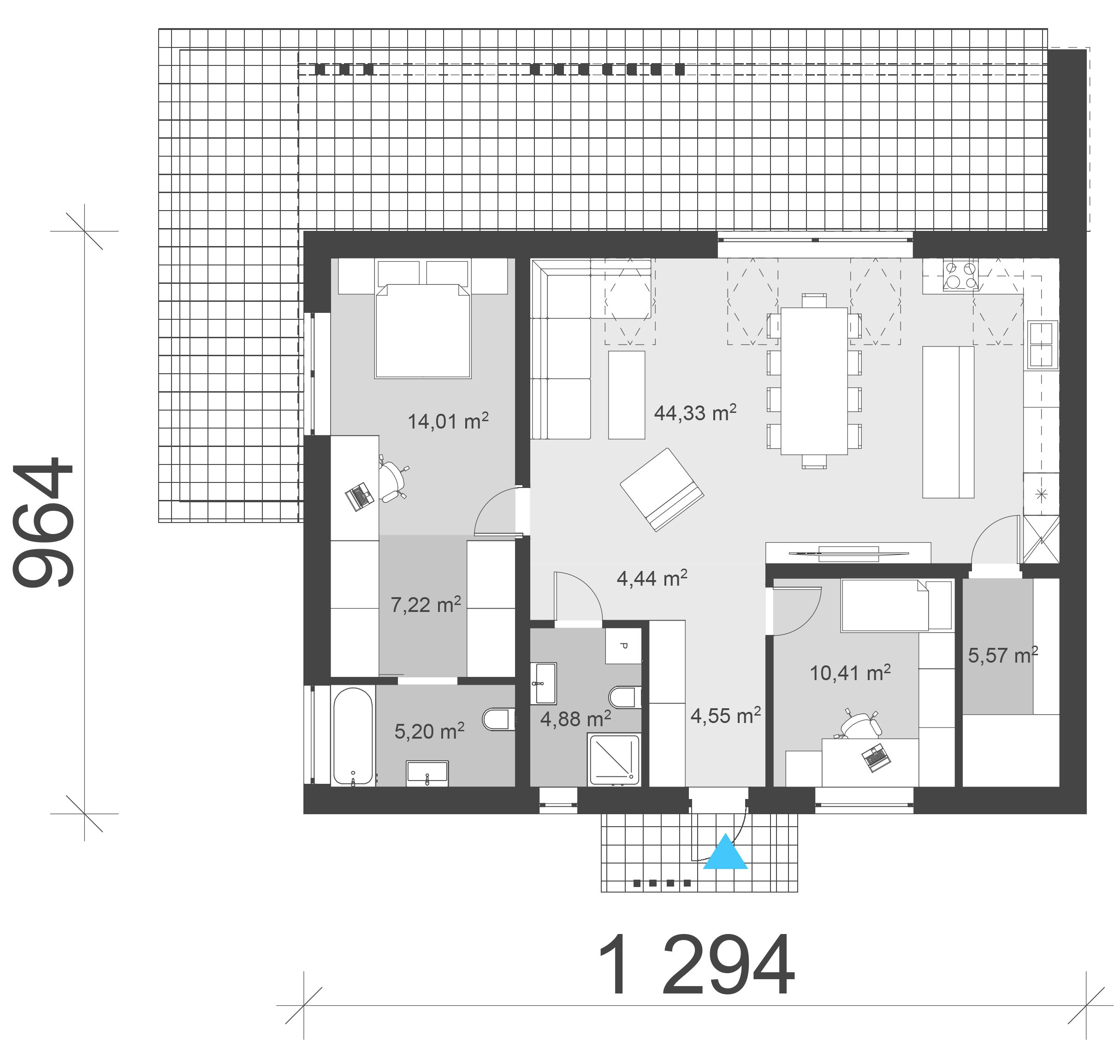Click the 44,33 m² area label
[x=695, y=413]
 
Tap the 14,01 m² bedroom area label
[x=448, y=421]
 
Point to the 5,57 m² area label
[x=1003, y=655]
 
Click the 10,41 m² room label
[x=850, y=673]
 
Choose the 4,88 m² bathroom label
[x=575, y=718]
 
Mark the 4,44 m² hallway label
[x=652, y=578]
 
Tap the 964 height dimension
[x=44, y=523]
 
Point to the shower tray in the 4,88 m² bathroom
[x=614, y=759]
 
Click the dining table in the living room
[x=814, y=381]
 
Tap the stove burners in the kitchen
[x=960, y=276]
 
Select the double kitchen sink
[x=1042, y=344]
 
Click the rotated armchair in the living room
[x=662, y=489]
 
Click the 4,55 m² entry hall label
[x=726, y=715]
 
